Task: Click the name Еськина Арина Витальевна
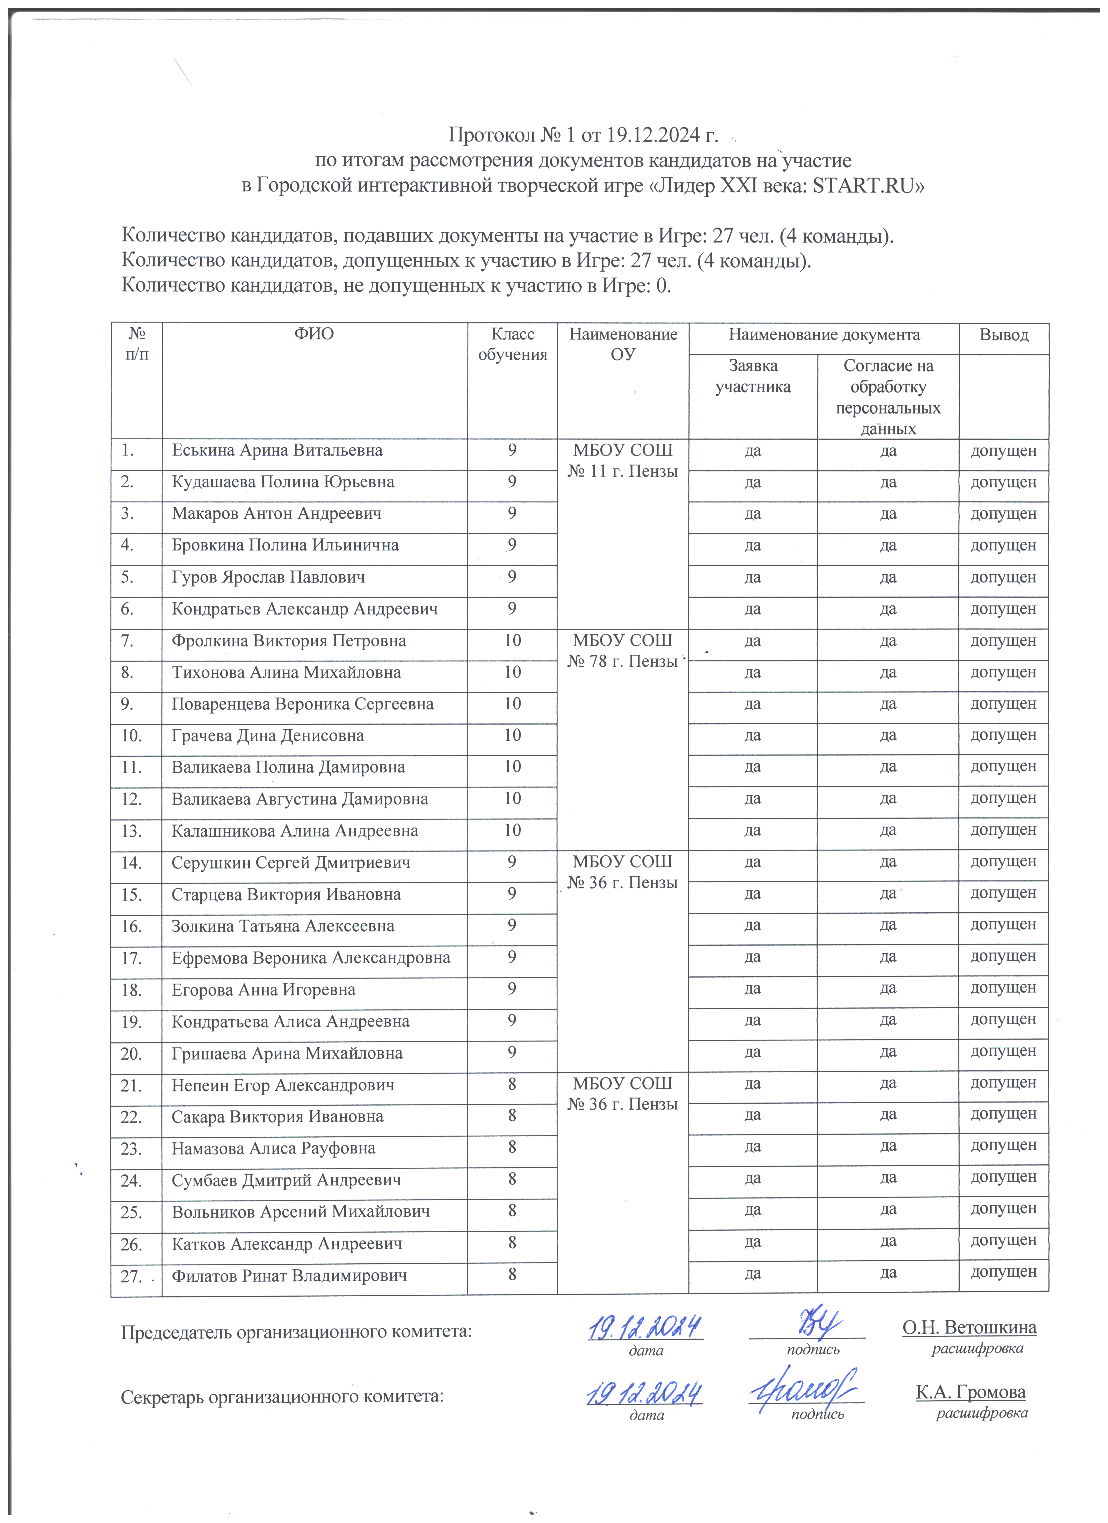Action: [x=277, y=451]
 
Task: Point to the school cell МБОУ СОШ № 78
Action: [x=622, y=651]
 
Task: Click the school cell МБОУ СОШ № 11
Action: [x=622, y=461]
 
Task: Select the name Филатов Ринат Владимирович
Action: [x=289, y=1276]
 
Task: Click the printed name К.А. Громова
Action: [x=970, y=1392]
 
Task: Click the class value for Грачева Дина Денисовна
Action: [x=512, y=735]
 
